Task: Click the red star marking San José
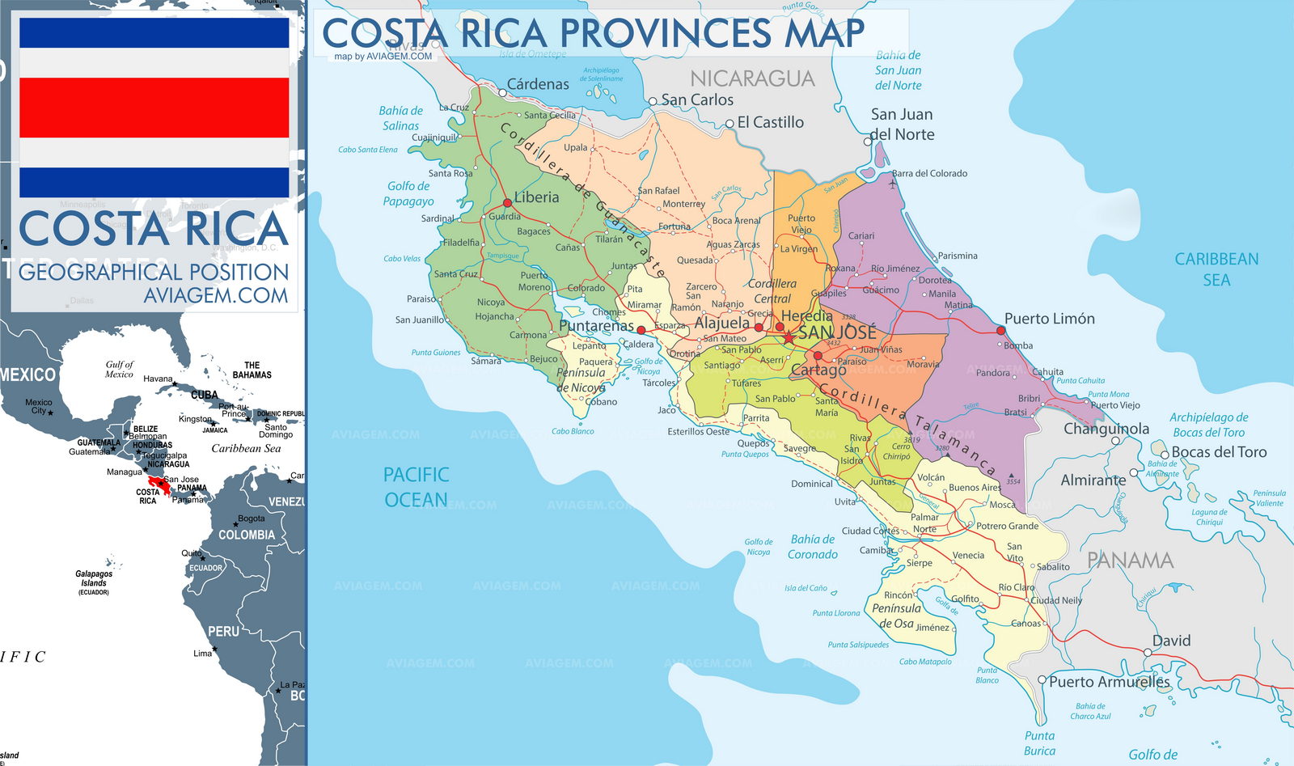789,336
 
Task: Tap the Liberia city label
536,197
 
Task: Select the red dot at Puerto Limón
1000,330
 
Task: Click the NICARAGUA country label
751,78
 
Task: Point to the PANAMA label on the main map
1130,560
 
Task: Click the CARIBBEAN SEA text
1216,269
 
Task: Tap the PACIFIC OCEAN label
416,487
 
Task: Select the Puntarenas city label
596,325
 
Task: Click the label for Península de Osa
896,616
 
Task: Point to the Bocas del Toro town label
1219,452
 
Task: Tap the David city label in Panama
1171,641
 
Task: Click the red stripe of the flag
154,108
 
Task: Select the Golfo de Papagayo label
408,193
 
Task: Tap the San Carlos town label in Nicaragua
697,99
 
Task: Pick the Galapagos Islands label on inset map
94,578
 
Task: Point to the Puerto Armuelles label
1109,681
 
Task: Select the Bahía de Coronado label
813,546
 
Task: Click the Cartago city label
818,370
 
